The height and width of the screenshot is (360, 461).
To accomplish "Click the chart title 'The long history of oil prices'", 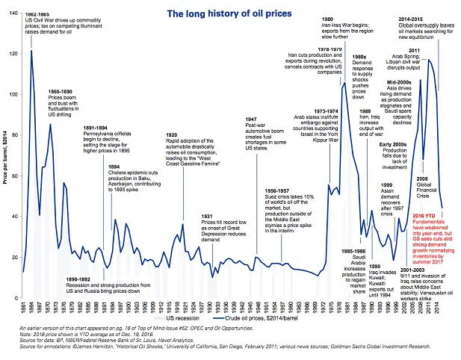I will click(x=230, y=13).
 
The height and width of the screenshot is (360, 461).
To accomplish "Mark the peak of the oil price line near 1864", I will click(x=31, y=51).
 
